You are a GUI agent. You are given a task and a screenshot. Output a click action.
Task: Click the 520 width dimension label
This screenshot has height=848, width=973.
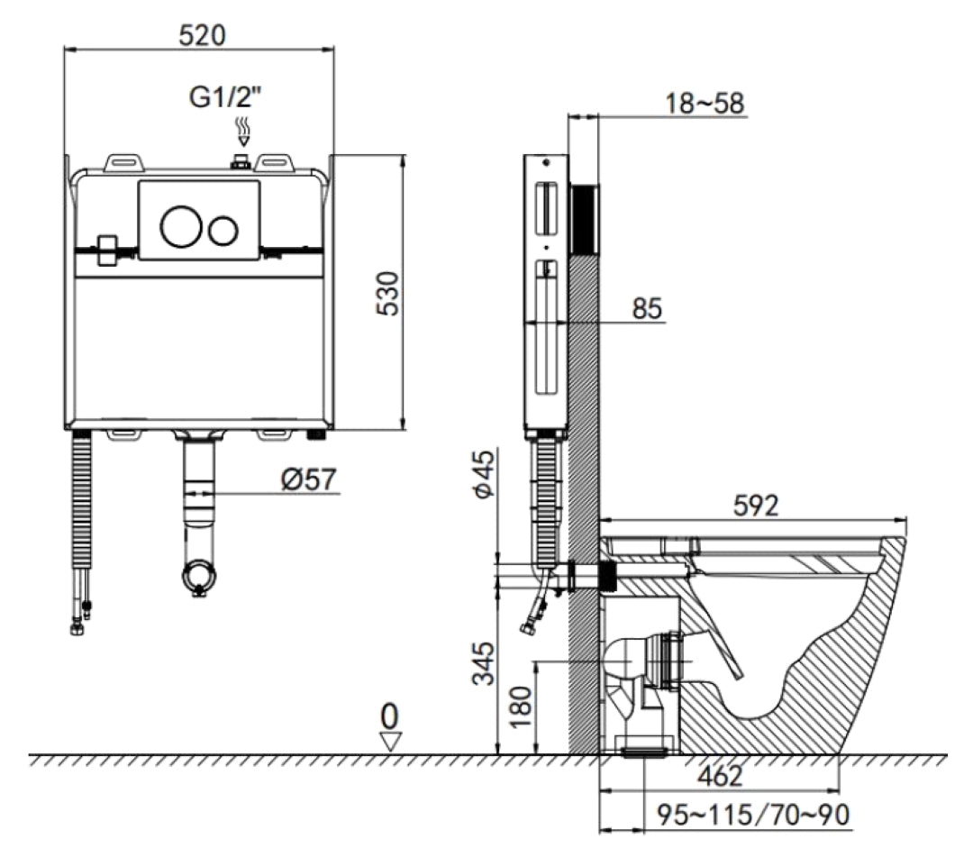pos(203,35)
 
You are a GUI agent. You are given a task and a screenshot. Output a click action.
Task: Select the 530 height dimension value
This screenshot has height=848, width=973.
pos(389,293)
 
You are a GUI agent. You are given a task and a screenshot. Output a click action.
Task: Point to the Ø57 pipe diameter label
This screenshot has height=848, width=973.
pos(308,479)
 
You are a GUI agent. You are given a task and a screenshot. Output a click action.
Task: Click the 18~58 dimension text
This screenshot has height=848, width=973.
pos(705,103)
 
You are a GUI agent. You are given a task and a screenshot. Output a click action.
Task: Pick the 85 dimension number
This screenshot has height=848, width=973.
pos(647,308)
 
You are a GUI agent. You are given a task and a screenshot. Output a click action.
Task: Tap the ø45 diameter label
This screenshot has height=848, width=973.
pos(485,473)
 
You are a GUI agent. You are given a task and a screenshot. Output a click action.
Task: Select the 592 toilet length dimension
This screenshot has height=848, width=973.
pos(755,506)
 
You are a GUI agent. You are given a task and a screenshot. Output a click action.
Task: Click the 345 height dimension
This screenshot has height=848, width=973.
pos(484,663)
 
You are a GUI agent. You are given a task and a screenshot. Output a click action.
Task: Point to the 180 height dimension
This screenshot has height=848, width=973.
pos(521,707)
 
